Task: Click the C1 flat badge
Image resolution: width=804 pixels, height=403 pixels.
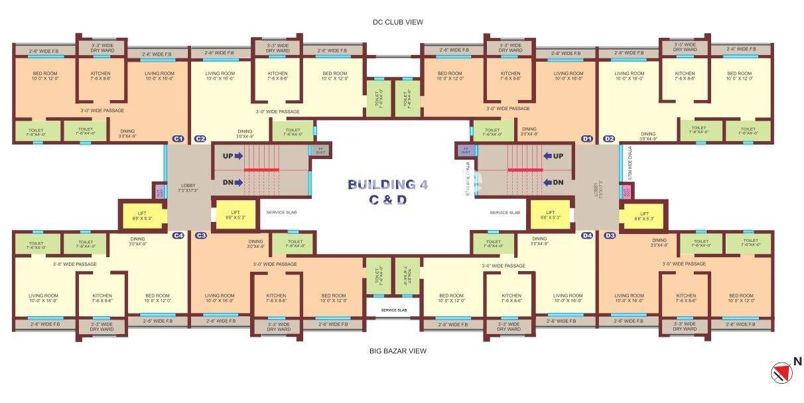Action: click(x=178, y=139)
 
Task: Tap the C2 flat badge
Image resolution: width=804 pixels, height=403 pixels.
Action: click(x=200, y=139)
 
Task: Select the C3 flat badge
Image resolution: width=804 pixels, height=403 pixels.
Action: click(x=200, y=235)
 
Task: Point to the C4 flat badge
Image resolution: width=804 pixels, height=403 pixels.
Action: click(x=178, y=235)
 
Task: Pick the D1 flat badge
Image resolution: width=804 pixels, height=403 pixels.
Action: click(x=586, y=139)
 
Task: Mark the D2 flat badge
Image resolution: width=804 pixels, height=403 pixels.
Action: click(x=609, y=139)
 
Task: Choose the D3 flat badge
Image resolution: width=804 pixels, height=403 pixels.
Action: click(x=609, y=235)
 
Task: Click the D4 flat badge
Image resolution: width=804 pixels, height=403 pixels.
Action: click(x=586, y=235)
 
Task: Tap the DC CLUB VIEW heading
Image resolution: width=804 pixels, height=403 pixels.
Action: click(x=397, y=22)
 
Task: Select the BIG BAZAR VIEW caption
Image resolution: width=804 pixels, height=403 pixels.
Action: click(x=397, y=351)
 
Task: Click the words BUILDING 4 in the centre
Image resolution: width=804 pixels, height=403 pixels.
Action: click(x=387, y=184)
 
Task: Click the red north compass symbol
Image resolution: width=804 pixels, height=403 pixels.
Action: click(x=781, y=372)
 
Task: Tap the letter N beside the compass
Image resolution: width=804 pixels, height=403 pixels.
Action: click(x=798, y=362)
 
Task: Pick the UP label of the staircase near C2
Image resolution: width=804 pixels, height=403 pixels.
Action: click(x=228, y=156)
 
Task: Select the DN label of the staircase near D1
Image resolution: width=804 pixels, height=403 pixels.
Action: click(x=557, y=182)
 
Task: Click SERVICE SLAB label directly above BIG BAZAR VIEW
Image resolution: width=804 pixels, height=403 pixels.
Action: click(x=394, y=310)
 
